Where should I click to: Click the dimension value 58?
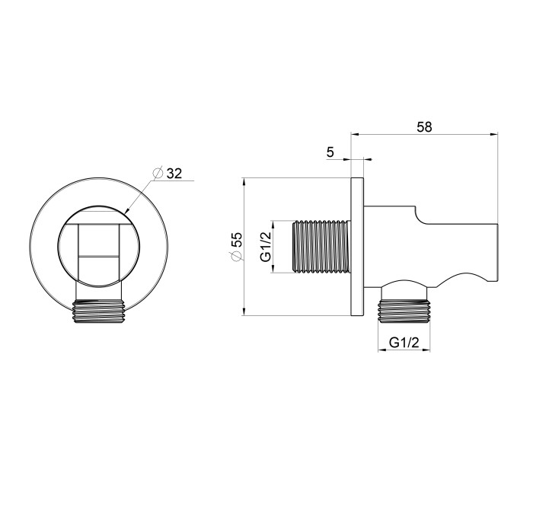[424, 127]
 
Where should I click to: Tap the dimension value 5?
[330, 152]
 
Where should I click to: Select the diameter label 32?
[174, 174]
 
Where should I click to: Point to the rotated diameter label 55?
[238, 240]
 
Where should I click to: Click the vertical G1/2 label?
[266, 247]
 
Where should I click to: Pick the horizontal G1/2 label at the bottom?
[404, 343]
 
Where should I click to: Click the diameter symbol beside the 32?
[158, 173]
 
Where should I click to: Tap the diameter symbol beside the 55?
[238, 256]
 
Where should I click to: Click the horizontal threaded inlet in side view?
[321, 247]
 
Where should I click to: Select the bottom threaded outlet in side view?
[404, 311]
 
